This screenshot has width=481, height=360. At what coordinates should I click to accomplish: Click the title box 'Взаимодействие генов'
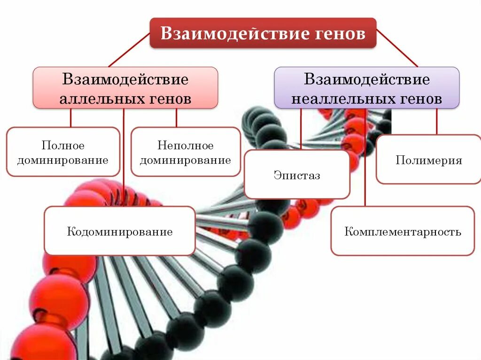coord(263,33)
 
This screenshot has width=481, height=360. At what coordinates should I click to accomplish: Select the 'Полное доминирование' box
coord(63,152)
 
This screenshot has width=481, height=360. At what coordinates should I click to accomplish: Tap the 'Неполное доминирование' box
coord(186,152)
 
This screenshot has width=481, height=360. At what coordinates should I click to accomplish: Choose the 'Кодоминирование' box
coord(119,231)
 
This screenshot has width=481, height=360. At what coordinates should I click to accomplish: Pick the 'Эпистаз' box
coord(297,175)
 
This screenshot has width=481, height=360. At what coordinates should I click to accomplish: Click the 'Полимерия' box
coord(428,160)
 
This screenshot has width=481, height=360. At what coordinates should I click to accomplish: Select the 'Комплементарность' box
coord(403,231)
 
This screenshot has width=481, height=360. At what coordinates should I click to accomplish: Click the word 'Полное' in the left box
coord(63,146)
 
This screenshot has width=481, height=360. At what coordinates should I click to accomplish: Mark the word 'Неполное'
coord(186,146)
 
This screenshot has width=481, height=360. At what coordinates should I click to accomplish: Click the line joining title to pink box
coord(129,50)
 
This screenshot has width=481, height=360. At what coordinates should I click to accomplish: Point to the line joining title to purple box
coord(397,49)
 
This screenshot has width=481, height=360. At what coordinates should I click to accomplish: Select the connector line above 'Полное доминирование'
coord(70,118)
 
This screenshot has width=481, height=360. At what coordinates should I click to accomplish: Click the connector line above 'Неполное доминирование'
coord(176,118)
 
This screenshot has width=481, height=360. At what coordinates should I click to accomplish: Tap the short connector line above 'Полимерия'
coord(436,122)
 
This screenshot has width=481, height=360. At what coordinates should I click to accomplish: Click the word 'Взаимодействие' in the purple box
coord(367,79)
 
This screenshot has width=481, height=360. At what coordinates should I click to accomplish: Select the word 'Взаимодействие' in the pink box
coord(125,79)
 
